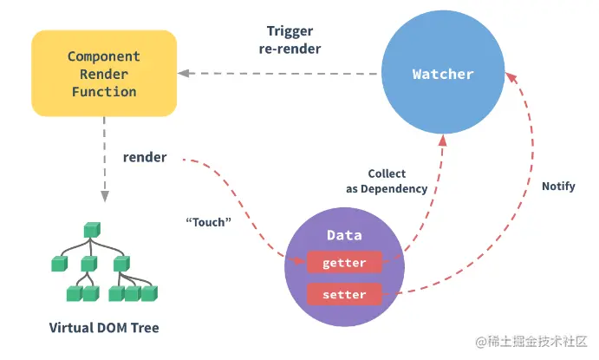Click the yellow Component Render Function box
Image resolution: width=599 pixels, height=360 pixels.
[x=103, y=73]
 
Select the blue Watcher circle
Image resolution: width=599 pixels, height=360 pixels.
[x=443, y=74]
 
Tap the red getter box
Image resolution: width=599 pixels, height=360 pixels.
[x=343, y=262]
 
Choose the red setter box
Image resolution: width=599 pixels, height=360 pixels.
[x=343, y=295]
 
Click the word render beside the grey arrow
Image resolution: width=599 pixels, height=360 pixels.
[x=145, y=157]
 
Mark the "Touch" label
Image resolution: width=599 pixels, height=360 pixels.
[x=208, y=222]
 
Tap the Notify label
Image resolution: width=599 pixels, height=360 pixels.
[x=557, y=187]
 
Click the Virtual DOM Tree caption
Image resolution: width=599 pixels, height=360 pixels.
[x=103, y=328]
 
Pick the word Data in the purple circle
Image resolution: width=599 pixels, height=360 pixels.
[x=344, y=236]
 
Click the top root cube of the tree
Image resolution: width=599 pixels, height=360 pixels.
[x=92, y=231]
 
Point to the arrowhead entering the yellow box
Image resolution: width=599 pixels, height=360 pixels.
[x=185, y=74]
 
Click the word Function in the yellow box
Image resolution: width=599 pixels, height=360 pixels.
[x=103, y=91]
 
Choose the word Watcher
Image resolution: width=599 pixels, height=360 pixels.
[x=443, y=74]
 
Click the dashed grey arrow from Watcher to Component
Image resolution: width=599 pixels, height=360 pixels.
[x=286, y=74]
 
